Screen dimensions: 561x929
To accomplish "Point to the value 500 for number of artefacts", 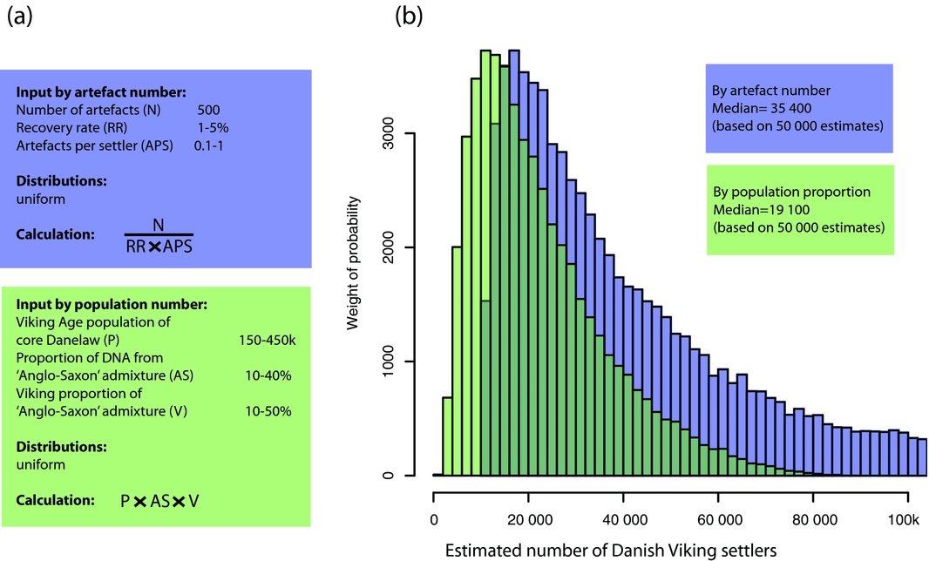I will pyautogui.click(x=209, y=110).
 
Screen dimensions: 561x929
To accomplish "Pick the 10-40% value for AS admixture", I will pyautogui.click(x=268, y=375).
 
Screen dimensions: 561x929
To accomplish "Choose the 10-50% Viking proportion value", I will pyautogui.click(x=268, y=410).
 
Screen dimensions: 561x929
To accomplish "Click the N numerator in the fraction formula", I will pyautogui.click(x=158, y=224).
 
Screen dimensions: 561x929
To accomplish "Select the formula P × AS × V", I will pyautogui.click(x=166, y=502).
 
